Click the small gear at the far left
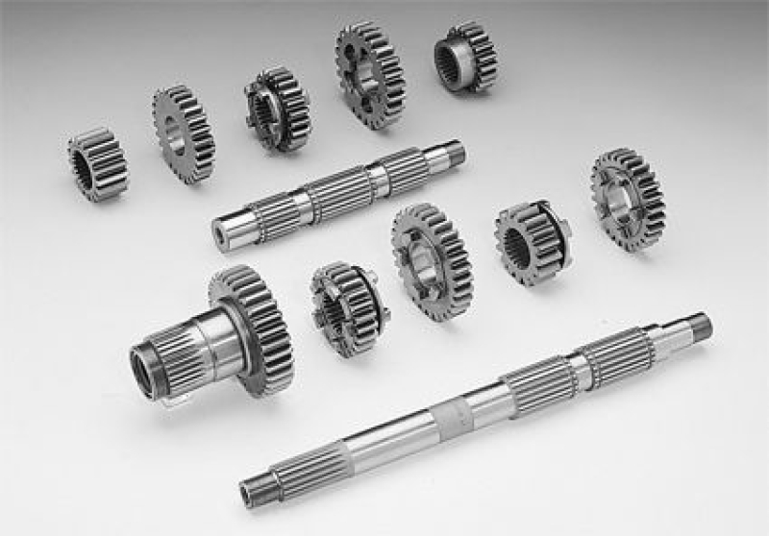pyautogui.click(x=98, y=164)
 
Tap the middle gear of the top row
pyautogui.click(x=277, y=109)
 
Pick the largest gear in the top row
pyautogui.click(x=370, y=74)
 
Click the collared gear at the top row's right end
pyautogui.click(x=465, y=58)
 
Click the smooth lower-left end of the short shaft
pyautogui.click(x=229, y=229)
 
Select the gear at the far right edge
pyautogui.click(x=628, y=199)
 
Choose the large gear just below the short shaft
pyautogui.click(x=432, y=260)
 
